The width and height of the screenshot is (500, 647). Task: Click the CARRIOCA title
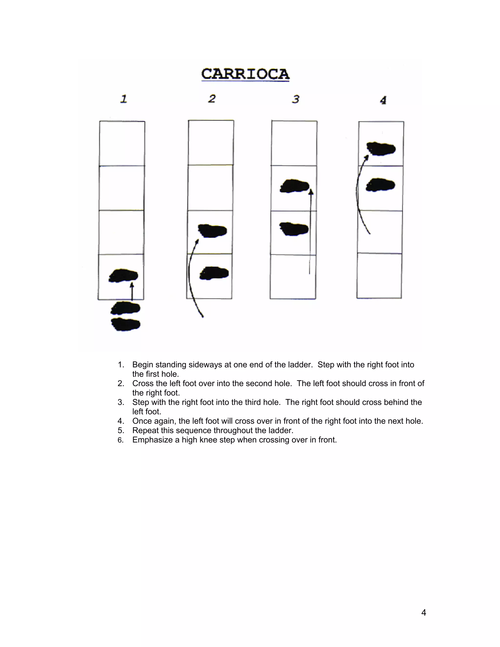(245, 74)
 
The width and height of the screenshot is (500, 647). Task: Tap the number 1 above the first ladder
(124, 99)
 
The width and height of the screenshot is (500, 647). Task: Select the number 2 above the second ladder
(212, 98)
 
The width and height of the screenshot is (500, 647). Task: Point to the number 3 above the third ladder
(296, 99)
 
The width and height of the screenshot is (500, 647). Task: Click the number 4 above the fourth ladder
(383, 100)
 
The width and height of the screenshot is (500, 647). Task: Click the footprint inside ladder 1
(124, 275)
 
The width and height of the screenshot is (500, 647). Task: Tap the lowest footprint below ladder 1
(125, 324)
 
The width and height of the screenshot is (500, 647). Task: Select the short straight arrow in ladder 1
(132, 292)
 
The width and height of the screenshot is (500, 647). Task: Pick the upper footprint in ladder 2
(212, 231)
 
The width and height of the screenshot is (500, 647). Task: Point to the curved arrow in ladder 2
(189, 279)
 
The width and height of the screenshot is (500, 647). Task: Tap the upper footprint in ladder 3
(295, 186)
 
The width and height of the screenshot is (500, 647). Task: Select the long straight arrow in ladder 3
(310, 231)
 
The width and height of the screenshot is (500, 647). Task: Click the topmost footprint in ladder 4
(381, 149)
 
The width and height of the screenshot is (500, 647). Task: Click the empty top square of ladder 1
(122, 143)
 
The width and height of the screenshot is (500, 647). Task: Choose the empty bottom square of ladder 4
(379, 275)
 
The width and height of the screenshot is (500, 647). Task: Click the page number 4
(424, 612)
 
